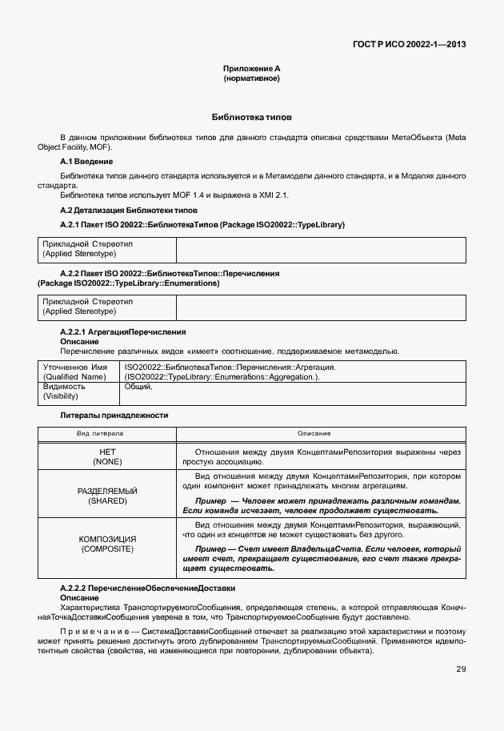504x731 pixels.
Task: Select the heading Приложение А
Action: pyautogui.click(x=251, y=70)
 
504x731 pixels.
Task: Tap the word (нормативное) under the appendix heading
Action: pyautogui.click(x=251, y=79)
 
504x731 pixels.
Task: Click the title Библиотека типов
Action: pyautogui.click(x=251, y=117)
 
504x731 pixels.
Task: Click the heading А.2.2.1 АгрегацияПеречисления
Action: pyautogui.click(x=123, y=331)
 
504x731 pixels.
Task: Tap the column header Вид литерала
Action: pyautogui.click(x=100, y=433)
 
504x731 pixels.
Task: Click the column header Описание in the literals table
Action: pyautogui.click(x=314, y=433)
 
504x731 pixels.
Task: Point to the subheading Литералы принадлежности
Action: pyautogui.click(x=114, y=416)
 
